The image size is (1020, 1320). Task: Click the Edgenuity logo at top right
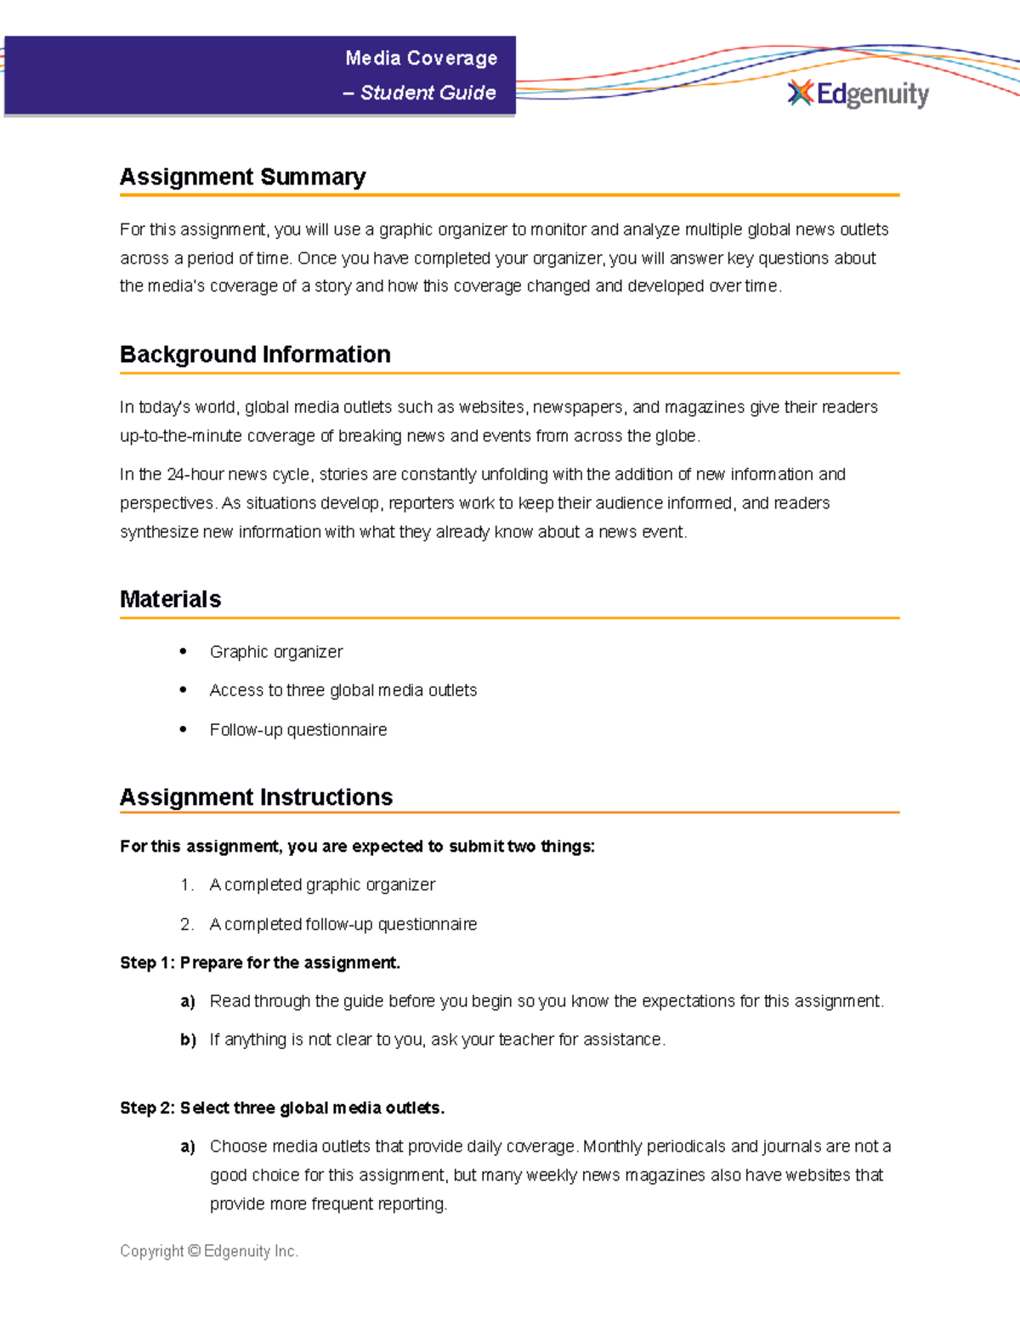858,93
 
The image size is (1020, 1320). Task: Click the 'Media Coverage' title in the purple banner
421,58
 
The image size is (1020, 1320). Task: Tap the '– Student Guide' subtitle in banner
420,93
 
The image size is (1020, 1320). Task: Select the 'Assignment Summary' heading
242,177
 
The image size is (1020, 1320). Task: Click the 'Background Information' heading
255,354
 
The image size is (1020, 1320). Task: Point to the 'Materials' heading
170,599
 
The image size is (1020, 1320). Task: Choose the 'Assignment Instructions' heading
256,797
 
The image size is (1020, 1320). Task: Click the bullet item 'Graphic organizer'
276,652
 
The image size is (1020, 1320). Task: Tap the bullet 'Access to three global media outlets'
343,690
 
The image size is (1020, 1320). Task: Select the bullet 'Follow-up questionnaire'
297,730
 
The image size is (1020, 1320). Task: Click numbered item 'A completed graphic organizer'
322,885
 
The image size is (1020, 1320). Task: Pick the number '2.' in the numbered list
187,924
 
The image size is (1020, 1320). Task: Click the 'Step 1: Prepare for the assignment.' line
260,963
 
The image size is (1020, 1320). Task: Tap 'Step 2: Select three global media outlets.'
282,1108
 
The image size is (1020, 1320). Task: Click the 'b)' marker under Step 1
188,1040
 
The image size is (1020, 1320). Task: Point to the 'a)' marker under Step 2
188,1147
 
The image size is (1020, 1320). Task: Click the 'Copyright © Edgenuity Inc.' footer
209,1251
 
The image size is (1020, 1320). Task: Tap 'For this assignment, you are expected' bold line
357,847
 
